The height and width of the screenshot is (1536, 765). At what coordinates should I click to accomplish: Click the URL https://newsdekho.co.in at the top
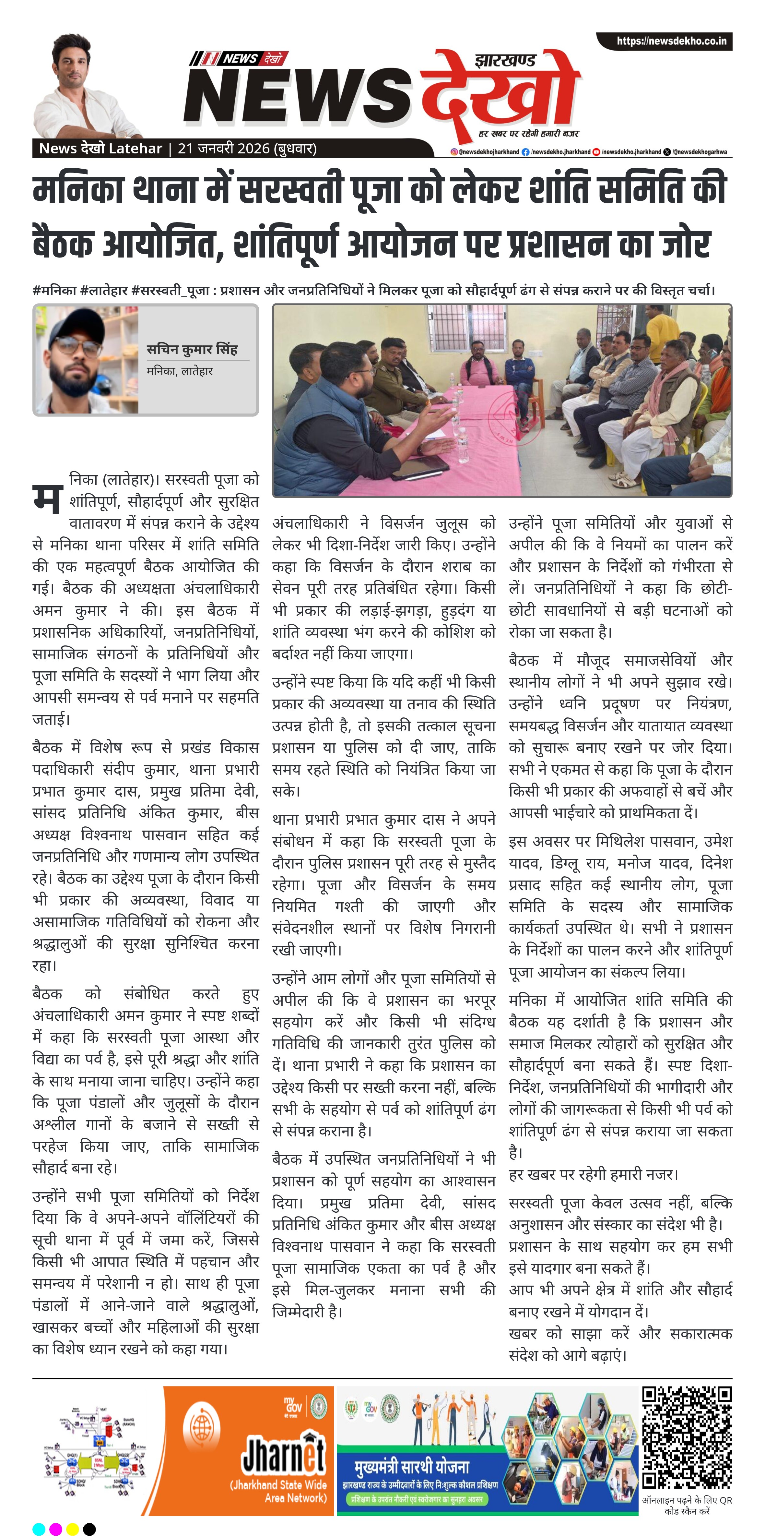671,41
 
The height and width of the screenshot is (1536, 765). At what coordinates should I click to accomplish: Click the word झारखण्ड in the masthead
505,60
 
